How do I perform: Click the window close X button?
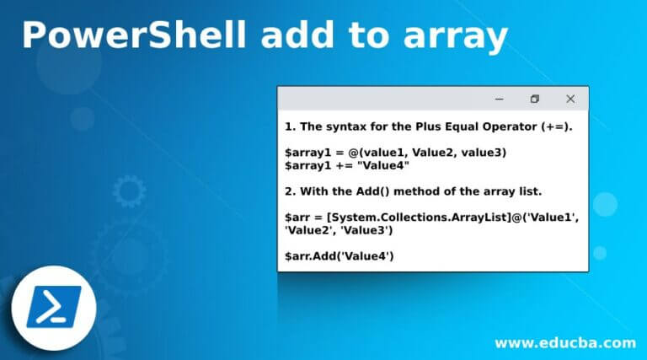click(570, 99)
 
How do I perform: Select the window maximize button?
click(534, 99)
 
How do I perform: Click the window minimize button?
click(498, 99)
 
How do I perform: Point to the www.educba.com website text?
click(564, 342)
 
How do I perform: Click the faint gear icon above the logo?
click(128, 191)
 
